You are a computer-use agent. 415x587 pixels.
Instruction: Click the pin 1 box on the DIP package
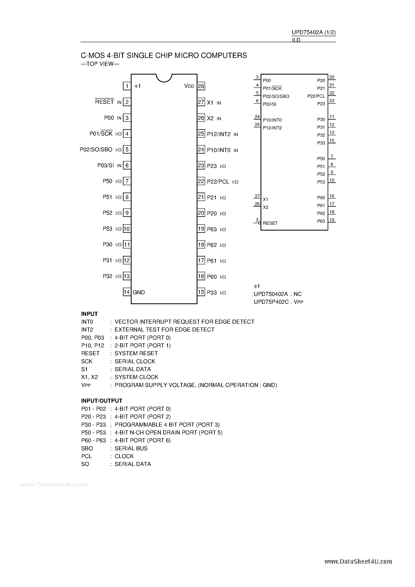127,86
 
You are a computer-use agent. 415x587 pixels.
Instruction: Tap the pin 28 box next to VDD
201,86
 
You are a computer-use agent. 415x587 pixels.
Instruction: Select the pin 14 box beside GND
127,292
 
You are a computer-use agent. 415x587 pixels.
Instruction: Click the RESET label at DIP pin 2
104,102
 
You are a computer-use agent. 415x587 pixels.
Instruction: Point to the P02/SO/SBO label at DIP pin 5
96,150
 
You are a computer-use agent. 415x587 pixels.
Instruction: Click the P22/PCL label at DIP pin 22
218,182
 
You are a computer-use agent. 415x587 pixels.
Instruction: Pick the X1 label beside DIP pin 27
210,103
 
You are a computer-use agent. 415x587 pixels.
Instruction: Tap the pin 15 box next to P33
201,292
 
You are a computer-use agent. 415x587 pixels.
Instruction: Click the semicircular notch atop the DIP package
164,78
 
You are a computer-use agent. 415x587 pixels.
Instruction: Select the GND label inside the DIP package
139,292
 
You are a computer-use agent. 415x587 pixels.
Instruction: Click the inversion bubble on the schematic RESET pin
259,223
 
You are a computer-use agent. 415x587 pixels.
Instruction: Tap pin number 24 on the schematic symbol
257,117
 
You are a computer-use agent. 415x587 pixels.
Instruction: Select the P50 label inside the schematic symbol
321,159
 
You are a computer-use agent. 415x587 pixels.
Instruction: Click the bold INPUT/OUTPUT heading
102,401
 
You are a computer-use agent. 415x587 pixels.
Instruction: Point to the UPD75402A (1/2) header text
314,33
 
